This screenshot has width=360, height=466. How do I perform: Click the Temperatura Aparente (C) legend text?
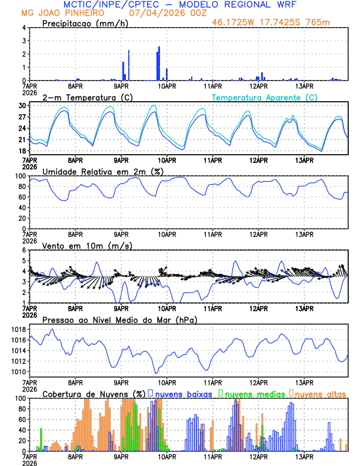pyautogui.click(x=264, y=97)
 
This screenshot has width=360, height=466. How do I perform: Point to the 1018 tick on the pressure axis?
pyautogui.click(x=19, y=329)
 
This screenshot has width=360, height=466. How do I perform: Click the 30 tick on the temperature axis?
pyautogui.click(x=22, y=105)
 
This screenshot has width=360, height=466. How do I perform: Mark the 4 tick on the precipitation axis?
pyautogui.click(x=24, y=28)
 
